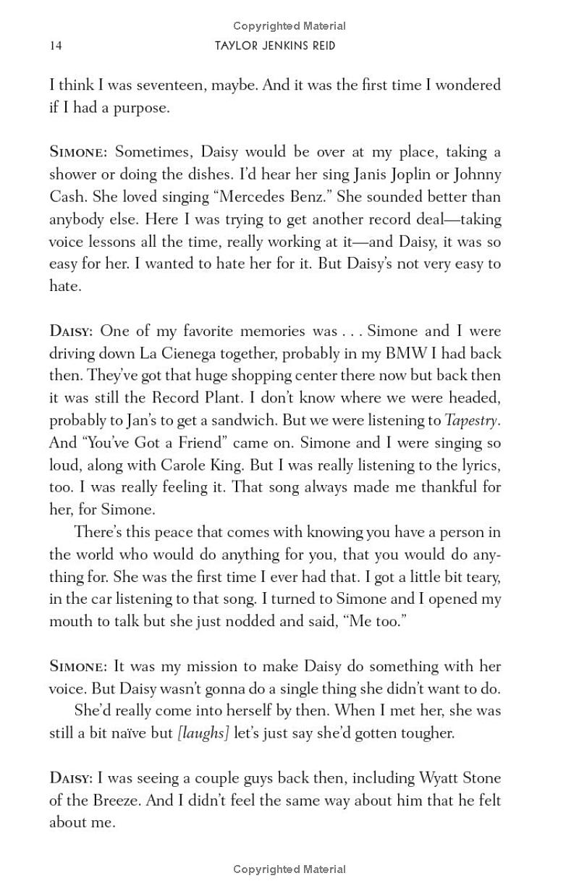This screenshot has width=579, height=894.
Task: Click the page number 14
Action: click(55, 46)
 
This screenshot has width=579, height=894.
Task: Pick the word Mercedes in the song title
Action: click(258, 197)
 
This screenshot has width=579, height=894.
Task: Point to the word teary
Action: click(481, 577)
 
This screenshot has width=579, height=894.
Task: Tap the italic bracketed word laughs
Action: click(203, 733)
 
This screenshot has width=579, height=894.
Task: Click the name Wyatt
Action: click(441, 778)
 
